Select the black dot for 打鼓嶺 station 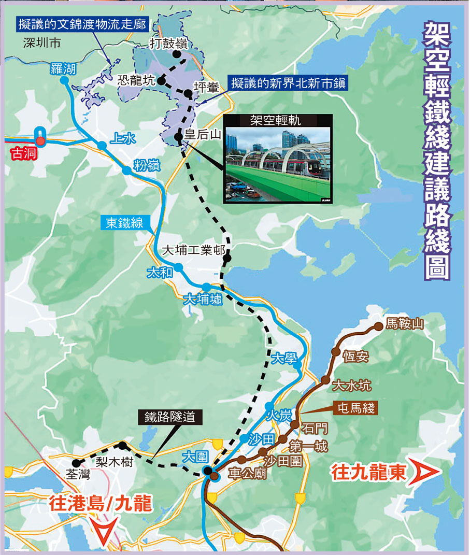click(x=177, y=54)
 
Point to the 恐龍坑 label click(x=136, y=81)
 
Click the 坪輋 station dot click(x=187, y=94)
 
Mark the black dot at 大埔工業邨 click(x=226, y=258)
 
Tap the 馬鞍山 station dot click(x=378, y=326)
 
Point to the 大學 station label click(x=283, y=358)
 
